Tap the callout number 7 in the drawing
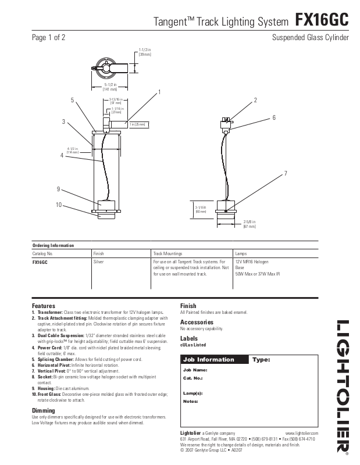coord(286,173)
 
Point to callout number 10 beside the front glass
coord(59,205)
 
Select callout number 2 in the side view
coord(255,101)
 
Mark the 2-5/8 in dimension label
coord(249,224)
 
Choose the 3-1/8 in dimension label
coord(201,209)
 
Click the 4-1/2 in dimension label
coord(73,150)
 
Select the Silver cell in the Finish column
coord(99,263)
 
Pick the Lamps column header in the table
coord(241,254)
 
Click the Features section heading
coord(44,306)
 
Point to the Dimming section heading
coord(44,411)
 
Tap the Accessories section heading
coord(197,322)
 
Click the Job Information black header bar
coord(215,360)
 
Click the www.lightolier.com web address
coord(302,434)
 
